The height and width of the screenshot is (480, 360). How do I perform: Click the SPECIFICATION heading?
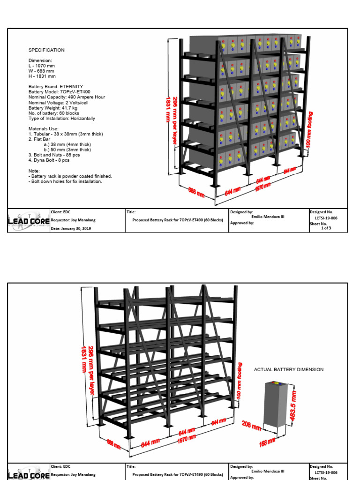pyautogui.click(x=46, y=50)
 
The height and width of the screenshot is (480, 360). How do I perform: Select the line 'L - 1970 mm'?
pyautogui.click(x=42, y=66)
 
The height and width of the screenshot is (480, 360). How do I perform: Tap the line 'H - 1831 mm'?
pyautogui.click(x=42, y=76)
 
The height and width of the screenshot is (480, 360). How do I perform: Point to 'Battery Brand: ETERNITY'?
pyautogui.click(x=56, y=87)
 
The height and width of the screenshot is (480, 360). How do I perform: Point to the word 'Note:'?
pyautogui.click(x=34, y=171)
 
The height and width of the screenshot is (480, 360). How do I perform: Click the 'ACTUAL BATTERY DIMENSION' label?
pyautogui.click(x=289, y=370)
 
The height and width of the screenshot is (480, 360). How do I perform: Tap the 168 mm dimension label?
pyautogui.click(x=268, y=442)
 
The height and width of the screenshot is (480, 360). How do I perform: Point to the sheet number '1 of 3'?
pyautogui.click(x=326, y=228)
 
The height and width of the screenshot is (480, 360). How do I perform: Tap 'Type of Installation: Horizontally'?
pyautogui.click(x=61, y=119)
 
